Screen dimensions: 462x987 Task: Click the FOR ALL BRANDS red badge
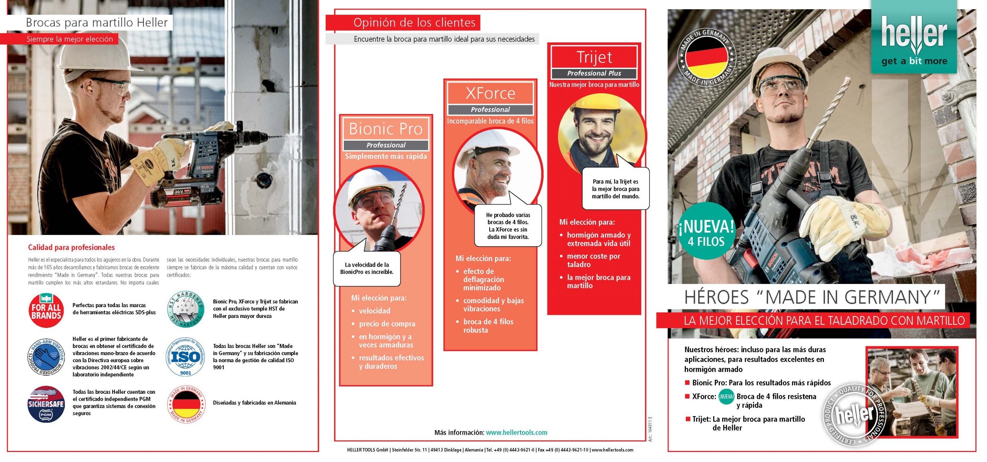tap(46, 311)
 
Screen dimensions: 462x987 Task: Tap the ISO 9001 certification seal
tap(185, 357)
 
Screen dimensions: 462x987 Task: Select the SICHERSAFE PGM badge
tap(46, 404)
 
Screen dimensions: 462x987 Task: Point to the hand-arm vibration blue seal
tap(46, 357)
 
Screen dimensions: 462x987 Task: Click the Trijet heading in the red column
tap(594, 57)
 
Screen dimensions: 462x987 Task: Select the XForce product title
tap(490, 93)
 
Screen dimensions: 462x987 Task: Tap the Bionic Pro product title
tap(386, 129)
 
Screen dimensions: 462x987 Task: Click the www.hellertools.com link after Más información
tap(516, 432)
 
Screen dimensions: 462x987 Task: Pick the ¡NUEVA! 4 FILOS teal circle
tap(706, 231)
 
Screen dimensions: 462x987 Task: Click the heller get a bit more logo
tap(914, 39)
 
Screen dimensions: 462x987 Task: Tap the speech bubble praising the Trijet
tap(615, 189)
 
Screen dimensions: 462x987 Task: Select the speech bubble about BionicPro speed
tap(367, 269)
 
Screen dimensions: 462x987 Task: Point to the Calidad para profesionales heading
tap(71, 247)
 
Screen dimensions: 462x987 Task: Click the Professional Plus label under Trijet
tap(594, 73)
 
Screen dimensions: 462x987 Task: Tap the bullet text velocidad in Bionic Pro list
tap(374, 311)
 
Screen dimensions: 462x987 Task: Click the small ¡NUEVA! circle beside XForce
tap(726, 396)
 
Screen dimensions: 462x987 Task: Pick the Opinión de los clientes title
tap(414, 23)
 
